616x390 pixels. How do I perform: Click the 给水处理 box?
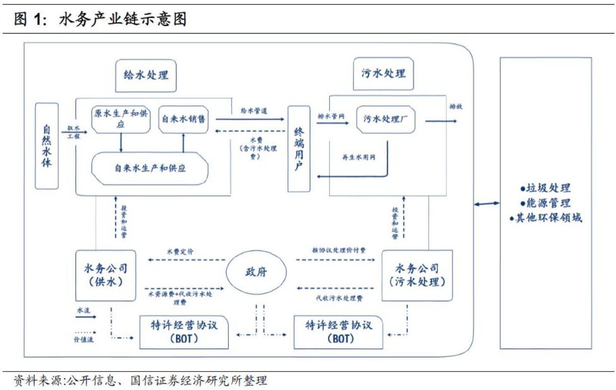pyautogui.click(x=146, y=76)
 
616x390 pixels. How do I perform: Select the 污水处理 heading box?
pyautogui.click(x=383, y=74)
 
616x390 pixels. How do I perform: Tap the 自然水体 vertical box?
pyautogui.click(x=46, y=146)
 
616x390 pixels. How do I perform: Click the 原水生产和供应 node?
pyautogui.click(x=121, y=119)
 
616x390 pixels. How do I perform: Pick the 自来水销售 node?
pyautogui.click(x=183, y=119)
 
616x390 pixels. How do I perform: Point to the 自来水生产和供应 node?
pyautogui.click(x=150, y=168)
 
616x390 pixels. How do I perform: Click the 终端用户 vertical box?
pyautogui.click(x=299, y=149)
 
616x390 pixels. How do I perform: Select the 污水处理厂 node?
pyautogui.click(x=385, y=119)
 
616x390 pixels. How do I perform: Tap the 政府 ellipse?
pyautogui.click(x=256, y=272)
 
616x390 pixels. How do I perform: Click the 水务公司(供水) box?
pyautogui.click(x=106, y=275)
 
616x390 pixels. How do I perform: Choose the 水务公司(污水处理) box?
pyautogui.click(x=417, y=275)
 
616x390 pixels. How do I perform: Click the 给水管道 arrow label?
pyautogui.click(x=254, y=111)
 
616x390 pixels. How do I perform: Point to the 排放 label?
pyautogui.click(x=456, y=106)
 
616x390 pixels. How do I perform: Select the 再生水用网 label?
pyautogui.click(x=358, y=157)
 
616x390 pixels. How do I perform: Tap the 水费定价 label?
pyautogui.click(x=180, y=251)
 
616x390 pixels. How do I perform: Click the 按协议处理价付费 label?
pyautogui.click(x=339, y=250)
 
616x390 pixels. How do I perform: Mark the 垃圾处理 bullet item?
pyautogui.click(x=545, y=188)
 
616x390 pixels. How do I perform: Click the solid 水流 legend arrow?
pyautogui.click(x=86, y=317)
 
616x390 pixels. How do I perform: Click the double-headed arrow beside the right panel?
pyautogui.click(x=487, y=204)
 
